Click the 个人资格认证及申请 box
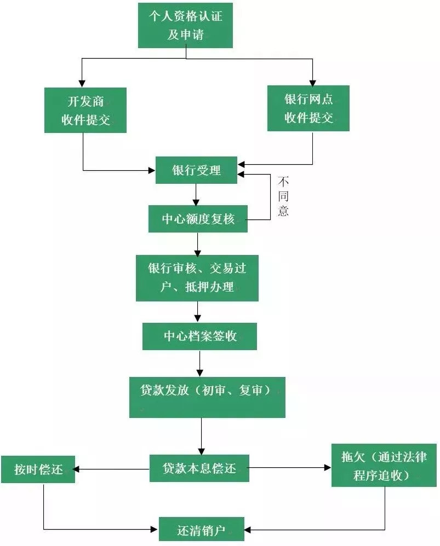coord(185,25)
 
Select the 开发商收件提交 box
coord(85,110)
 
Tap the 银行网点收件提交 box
coord(308,108)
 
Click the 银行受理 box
coord(196,170)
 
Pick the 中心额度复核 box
coord(198,219)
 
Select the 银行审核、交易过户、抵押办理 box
coord(197,277)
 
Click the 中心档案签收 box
coord(199,336)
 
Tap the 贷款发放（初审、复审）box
coord(207,397)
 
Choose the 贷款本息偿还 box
coord(199,468)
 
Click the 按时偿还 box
coord(38,469)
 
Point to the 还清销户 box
coord(201,529)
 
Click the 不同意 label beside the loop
coord(283,196)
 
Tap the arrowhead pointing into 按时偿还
coord(78,469)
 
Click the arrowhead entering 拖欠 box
coord(328,468)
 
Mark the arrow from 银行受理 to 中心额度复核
coord(196,194)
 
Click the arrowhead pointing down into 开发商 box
coord(82,83)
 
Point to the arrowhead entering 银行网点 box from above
coord(313,82)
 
